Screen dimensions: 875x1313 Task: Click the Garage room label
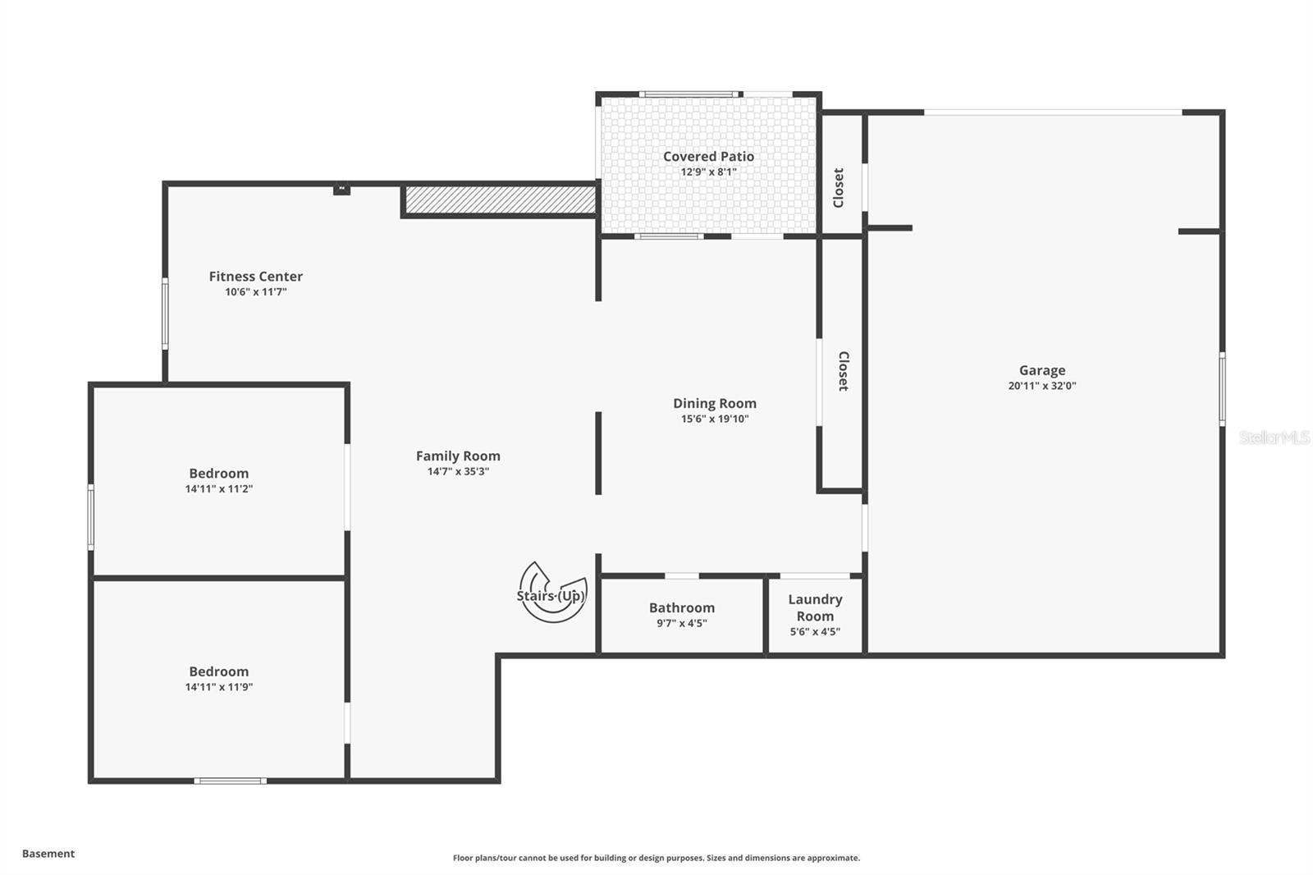[x=1041, y=370]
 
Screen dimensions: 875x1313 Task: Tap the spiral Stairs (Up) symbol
[x=551, y=593]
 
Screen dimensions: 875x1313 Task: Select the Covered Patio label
[x=708, y=156]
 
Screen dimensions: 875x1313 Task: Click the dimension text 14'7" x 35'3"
[x=458, y=471]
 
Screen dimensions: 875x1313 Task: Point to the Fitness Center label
[x=255, y=277]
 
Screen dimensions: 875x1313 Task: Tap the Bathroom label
[x=681, y=607]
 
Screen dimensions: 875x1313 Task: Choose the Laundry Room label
[x=815, y=607]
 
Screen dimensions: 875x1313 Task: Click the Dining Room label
[x=714, y=403]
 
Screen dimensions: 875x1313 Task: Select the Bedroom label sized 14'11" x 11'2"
[x=218, y=474]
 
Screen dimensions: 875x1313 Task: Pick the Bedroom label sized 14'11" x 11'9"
[x=218, y=671]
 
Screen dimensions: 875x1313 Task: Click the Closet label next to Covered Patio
[x=839, y=188]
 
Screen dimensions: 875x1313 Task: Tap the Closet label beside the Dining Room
[x=843, y=371]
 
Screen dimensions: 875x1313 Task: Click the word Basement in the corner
[x=48, y=854]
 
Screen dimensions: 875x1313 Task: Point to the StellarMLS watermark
[x=1274, y=438]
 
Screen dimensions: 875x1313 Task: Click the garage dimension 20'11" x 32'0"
[x=1041, y=386]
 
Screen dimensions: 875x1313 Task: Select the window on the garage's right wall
[x=1222, y=388]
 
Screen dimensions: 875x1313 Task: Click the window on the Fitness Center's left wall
[x=165, y=314]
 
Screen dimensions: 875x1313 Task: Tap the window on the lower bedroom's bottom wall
[x=230, y=781]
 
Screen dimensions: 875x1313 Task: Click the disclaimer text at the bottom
[x=656, y=858]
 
